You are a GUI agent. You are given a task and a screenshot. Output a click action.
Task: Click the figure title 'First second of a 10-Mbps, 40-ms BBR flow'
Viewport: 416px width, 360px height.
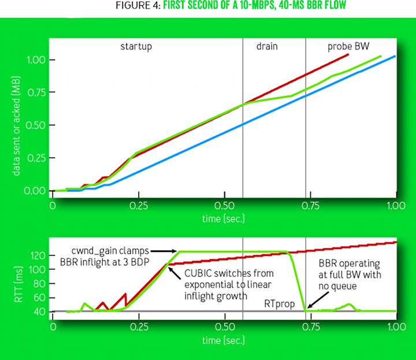coord(208,7)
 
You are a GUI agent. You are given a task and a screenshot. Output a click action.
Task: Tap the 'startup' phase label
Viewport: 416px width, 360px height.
coord(136,46)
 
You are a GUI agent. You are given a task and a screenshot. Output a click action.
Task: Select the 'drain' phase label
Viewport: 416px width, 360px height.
coord(267,46)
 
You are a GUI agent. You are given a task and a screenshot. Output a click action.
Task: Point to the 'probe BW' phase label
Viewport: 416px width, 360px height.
coord(344,46)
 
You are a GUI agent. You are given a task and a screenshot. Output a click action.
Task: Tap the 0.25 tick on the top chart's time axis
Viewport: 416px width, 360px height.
coord(138,205)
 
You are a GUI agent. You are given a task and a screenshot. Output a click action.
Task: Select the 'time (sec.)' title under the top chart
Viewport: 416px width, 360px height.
coord(224,218)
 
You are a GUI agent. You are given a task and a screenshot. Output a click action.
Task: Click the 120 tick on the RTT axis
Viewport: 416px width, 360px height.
coord(36,255)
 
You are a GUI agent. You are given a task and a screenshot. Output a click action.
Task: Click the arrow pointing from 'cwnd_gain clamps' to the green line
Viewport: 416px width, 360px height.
coord(165,251)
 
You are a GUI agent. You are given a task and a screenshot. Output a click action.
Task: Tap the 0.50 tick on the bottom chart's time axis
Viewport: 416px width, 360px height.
coord(224,326)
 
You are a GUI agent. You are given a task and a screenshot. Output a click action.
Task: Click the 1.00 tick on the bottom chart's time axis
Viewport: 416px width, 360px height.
coord(395,326)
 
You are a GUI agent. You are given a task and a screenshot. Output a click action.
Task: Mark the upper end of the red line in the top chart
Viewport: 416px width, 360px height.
coord(348,54)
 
